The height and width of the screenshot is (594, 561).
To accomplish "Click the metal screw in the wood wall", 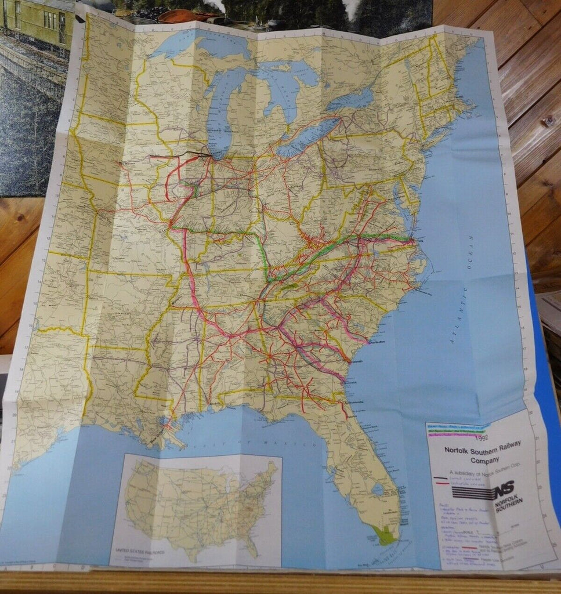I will pos(548,121).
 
